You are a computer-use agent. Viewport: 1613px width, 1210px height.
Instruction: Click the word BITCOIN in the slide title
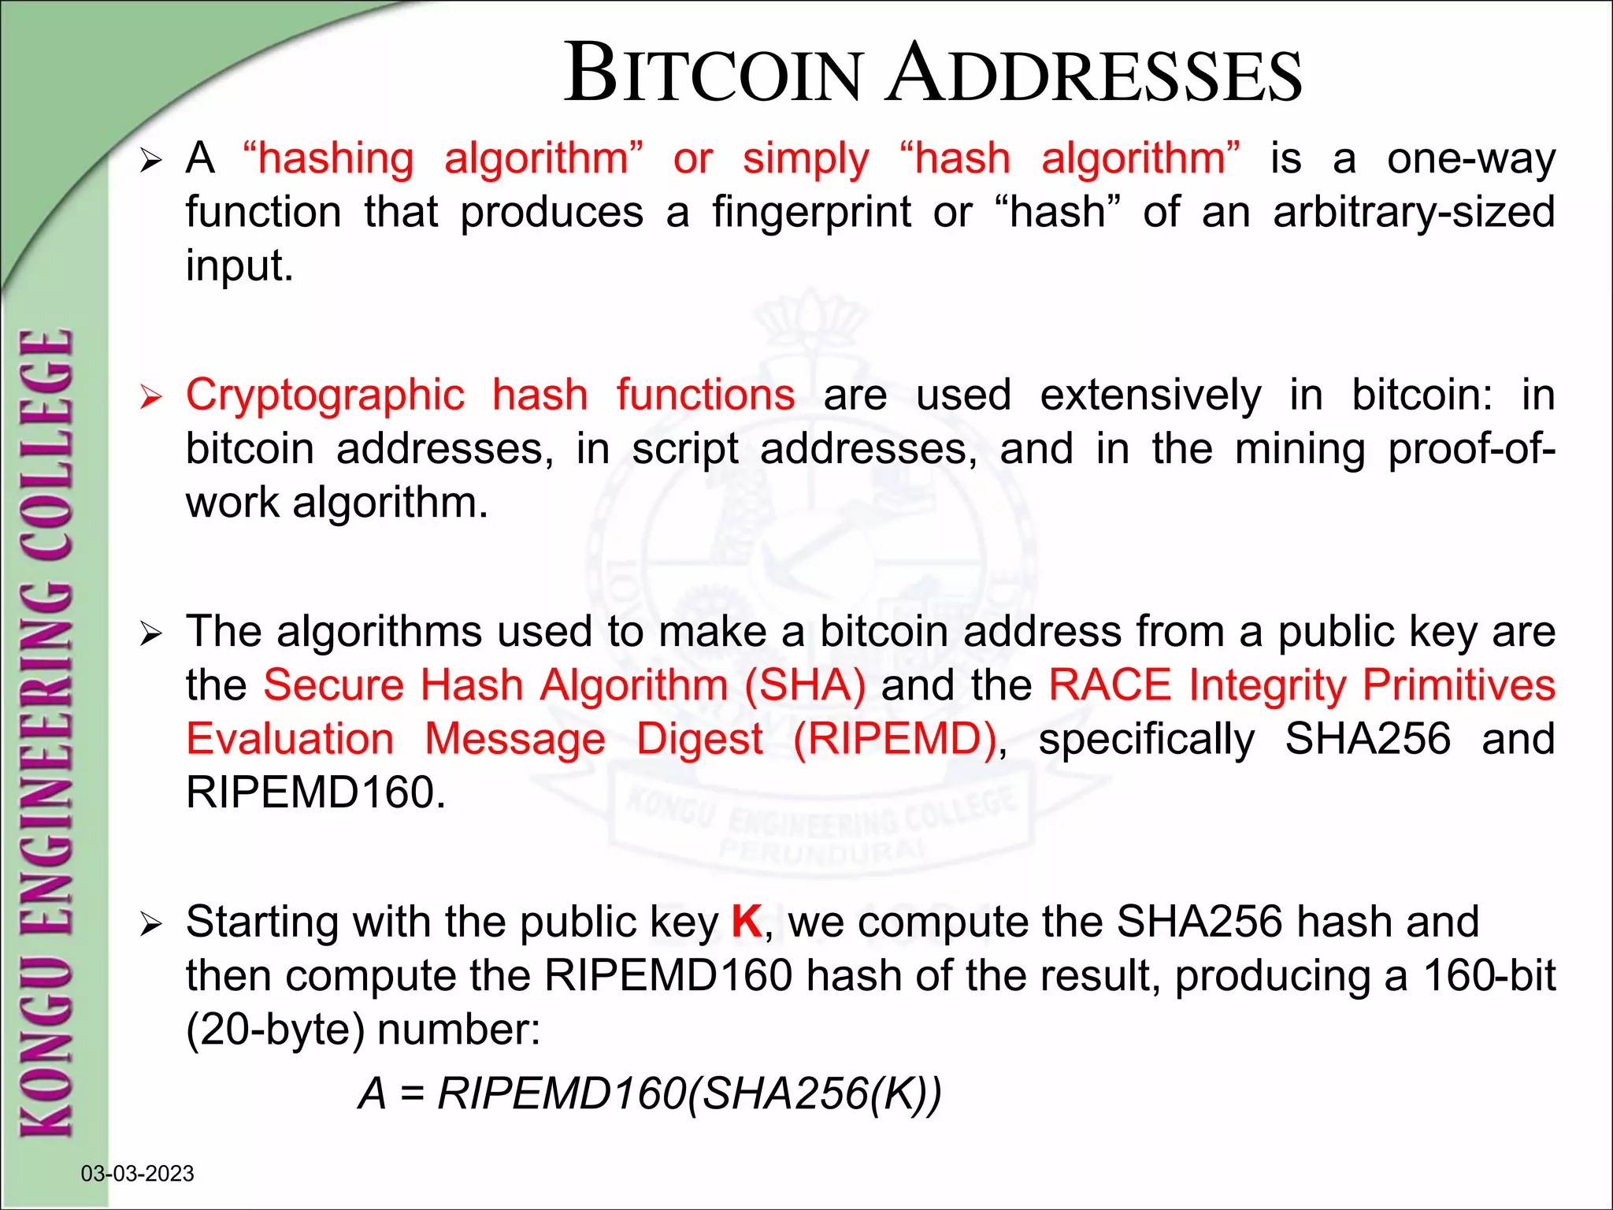pyautogui.click(x=714, y=74)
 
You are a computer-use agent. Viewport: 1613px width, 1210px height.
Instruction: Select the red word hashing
pyautogui.click(x=336, y=158)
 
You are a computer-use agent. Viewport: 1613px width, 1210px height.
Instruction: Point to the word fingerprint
pyautogui.click(x=812, y=212)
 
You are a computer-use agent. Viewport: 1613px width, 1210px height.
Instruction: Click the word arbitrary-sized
pyautogui.click(x=1414, y=212)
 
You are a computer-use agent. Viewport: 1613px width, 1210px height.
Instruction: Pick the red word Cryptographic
pyautogui.click(x=324, y=395)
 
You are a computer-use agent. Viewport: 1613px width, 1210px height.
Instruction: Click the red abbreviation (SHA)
pyautogui.click(x=805, y=685)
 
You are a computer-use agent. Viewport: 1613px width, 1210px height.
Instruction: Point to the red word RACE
pyautogui.click(x=1110, y=685)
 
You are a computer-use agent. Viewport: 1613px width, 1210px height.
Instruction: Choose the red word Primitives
pyautogui.click(x=1459, y=685)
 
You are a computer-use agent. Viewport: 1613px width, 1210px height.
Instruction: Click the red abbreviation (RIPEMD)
pyautogui.click(x=895, y=739)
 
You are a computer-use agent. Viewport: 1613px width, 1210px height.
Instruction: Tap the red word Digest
pyautogui.click(x=699, y=739)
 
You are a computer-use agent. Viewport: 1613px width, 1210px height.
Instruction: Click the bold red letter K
pyautogui.click(x=746, y=922)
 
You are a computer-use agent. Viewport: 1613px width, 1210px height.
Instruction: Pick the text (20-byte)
pyautogui.click(x=275, y=1030)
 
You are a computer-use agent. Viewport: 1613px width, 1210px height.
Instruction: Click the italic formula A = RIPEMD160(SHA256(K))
pyautogui.click(x=650, y=1093)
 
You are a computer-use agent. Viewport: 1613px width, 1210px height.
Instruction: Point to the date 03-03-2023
pyautogui.click(x=138, y=1174)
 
